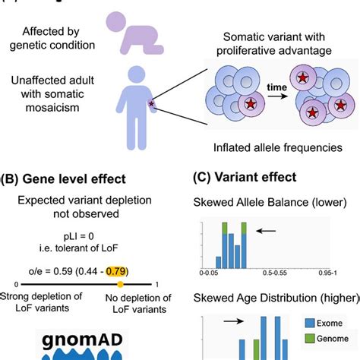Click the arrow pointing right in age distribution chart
pos(235,322)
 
